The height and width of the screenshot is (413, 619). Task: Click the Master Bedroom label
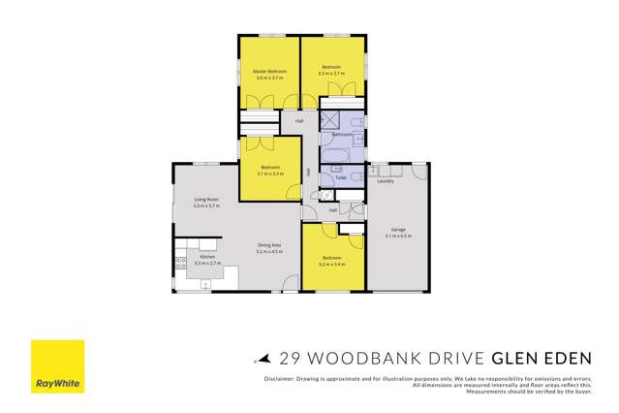coord(267,72)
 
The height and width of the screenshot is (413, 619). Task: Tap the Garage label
coord(398,229)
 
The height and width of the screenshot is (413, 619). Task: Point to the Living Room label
coord(206,200)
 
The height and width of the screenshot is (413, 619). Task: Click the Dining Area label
coord(269,245)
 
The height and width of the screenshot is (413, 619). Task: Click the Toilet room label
coord(341,178)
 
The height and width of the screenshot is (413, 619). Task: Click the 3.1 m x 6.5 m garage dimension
coord(398,236)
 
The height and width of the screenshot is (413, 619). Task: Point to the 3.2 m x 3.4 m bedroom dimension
coord(331,264)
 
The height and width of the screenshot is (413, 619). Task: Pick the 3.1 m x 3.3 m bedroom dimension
coord(271,174)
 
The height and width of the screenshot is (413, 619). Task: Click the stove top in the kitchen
coord(180,263)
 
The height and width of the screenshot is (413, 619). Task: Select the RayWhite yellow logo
coord(58,366)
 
